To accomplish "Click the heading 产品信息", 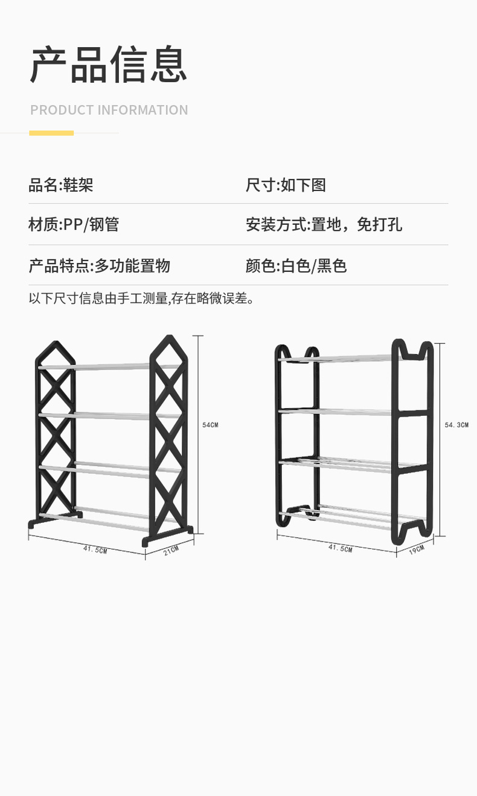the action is pos(109,64).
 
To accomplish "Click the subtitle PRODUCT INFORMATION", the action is pos(109,110).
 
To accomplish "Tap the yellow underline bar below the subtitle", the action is pos(51,133).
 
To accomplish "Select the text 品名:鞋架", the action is pos(61,185).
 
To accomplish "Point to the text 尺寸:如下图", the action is pos(286,185).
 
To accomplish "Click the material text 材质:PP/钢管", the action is pos(74,225).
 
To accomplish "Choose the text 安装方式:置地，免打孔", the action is pos(324,225).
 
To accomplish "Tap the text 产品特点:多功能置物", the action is pos(99,265).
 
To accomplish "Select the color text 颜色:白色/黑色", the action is pos(296,265).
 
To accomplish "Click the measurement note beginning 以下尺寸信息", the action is pos(142,298).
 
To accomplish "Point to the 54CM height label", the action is pos(210,425).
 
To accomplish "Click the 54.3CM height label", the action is pos(456,425).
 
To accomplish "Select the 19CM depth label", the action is pos(417,549).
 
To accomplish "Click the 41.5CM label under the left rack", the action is pos(95,549).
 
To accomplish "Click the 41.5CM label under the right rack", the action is pos(340,548).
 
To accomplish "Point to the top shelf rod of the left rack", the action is pos(112,366).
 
